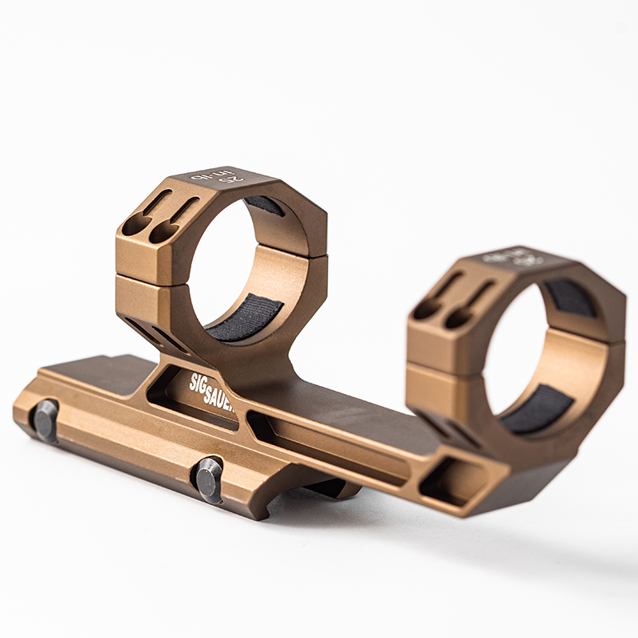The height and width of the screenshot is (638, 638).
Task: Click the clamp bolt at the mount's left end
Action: click(x=45, y=419)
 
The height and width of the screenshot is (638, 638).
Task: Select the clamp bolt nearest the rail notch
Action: click(x=209, y=478)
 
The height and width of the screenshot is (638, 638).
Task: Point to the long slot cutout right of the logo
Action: click(x=335, y=447)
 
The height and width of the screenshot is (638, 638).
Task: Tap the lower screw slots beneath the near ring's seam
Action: click(x=156, y=335)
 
